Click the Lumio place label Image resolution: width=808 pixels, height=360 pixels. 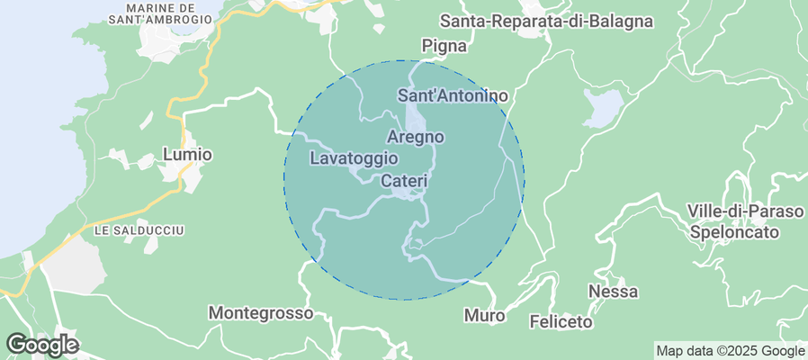pos(187,155)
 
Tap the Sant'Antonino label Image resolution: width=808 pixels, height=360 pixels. pos(453,95)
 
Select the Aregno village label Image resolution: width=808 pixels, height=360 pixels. pos(416,137)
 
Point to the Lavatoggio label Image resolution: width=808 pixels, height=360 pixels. pos(354,158)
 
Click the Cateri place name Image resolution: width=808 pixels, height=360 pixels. pos(403,181)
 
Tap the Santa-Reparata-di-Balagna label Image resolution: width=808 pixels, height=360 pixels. pos(547,21)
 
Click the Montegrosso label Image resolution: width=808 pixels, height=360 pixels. pos(261,313)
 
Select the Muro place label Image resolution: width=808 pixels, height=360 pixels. pos(484,316)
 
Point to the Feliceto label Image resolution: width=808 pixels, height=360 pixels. pos(561,320)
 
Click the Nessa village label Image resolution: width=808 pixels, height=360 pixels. pos(613,292)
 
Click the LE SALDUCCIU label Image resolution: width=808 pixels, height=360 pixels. pos(139,231)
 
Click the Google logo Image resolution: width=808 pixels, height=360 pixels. pos(42,344)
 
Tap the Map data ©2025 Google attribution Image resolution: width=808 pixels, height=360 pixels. pos(730,351)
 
